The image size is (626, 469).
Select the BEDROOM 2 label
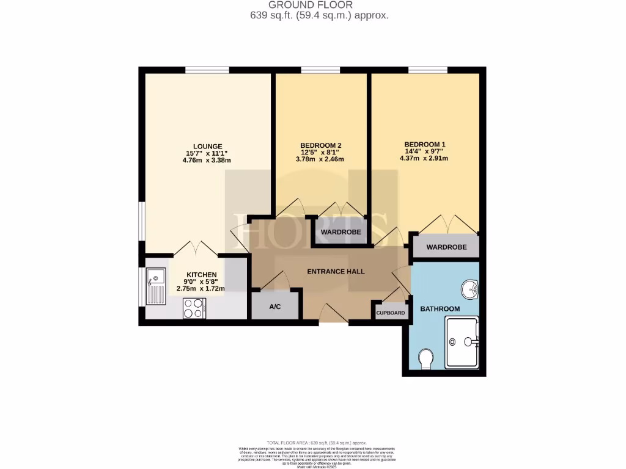320,145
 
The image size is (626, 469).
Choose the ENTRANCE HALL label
336,271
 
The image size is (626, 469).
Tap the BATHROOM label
440,309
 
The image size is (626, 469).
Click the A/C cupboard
275,306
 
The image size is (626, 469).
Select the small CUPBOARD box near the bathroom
390,312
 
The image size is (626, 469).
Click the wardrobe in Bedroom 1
446,247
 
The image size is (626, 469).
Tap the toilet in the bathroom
427,358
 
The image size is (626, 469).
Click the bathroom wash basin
470,288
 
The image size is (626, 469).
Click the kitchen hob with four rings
194,308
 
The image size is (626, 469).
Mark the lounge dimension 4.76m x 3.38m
204,161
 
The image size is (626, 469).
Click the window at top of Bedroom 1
427,70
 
